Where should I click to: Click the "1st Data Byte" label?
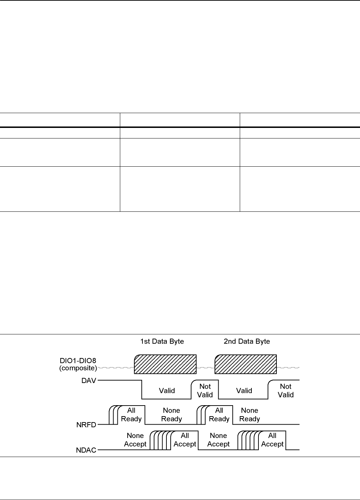pos(162,341)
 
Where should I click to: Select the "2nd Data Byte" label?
pos(247,341)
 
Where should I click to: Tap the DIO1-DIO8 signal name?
pos(78,364)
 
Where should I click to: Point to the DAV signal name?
pos(89,381)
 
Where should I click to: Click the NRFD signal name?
pos(86,425)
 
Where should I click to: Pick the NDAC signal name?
pos(86,450)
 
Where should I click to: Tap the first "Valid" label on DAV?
pos(167,390)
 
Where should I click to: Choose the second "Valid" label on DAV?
pos(244,390)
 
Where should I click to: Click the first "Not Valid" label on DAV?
pos(205,390)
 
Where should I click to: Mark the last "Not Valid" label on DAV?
pos(286,390)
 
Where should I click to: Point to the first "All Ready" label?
pos(131,414)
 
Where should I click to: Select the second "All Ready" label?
pos(219,414)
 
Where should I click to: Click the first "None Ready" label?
pos(171,414)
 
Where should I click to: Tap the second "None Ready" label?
pos(250,414)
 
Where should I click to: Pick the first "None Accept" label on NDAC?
pos(135,440)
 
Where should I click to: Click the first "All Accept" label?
pos(185,440)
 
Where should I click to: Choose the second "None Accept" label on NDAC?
pos(218,440)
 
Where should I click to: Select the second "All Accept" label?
pos(272,440)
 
